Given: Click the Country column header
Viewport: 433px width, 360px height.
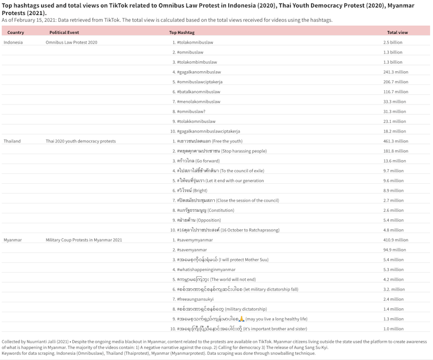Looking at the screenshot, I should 16,33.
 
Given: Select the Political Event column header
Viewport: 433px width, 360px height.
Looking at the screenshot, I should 64,33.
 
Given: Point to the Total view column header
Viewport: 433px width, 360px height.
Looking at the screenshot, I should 397,33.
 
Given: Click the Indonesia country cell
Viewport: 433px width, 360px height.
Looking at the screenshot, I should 14,42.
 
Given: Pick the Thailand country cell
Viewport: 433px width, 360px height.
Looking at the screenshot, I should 12,141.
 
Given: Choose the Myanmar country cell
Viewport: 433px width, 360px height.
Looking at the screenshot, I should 13,239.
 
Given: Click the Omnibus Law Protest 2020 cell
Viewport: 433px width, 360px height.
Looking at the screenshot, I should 71,42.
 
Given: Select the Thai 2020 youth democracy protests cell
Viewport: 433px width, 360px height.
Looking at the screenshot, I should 80,141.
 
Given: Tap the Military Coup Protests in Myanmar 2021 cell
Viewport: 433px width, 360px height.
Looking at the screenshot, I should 84,239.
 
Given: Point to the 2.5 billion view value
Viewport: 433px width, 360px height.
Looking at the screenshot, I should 393,42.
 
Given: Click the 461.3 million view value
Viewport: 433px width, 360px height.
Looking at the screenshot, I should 396,141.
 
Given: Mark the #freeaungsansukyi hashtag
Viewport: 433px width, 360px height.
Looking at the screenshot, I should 195,299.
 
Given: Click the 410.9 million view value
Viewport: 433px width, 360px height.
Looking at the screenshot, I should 396,239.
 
